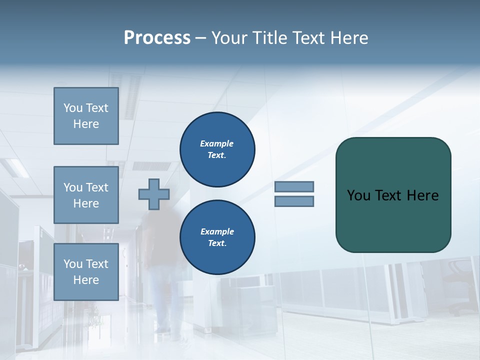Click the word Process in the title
[157, 38]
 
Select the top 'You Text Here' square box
[86, 116]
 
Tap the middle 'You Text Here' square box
[86, 195]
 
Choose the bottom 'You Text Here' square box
[86, 271]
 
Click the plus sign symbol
[153, 194]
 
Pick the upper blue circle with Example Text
[217, 149]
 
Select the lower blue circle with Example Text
[217, 237]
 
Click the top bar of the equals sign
[294, 186]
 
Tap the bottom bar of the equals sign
[294, 201]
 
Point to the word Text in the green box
[388, 195]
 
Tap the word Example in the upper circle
[216, 143]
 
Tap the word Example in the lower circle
[216, 231]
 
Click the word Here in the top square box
[86, 124]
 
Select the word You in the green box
[358, 195]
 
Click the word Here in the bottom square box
[86, 280]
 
